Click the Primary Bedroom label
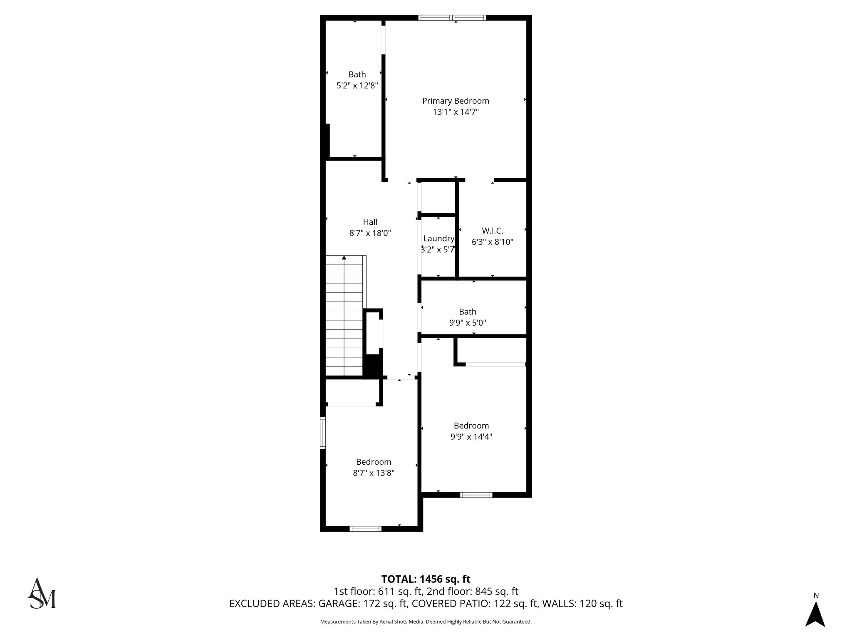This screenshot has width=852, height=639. coord(456,101)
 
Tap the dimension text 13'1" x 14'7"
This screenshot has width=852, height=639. coord(456,112)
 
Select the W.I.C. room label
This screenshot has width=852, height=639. coord(493,230)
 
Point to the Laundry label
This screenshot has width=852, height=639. coord(438,238)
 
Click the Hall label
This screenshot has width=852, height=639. coord(370,222)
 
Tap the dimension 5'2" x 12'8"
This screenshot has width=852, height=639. coord(357,86)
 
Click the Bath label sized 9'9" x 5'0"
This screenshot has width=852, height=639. coord(468,312)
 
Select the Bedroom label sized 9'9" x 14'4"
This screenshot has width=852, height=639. coord(471,426)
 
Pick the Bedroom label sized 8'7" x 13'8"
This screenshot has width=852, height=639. coord(374,462)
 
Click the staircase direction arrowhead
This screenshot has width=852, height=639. coord(344,258)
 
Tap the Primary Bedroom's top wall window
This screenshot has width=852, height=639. coord(452,18)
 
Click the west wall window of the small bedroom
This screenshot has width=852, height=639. coord(322,433)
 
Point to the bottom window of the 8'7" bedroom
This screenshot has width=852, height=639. coord(365,529)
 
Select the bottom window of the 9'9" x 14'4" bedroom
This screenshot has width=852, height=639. coord(476,495)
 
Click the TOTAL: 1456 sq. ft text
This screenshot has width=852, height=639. coord(426,579)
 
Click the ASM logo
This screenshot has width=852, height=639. coord(42,594)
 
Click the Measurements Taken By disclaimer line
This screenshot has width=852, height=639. coord(426,622)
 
